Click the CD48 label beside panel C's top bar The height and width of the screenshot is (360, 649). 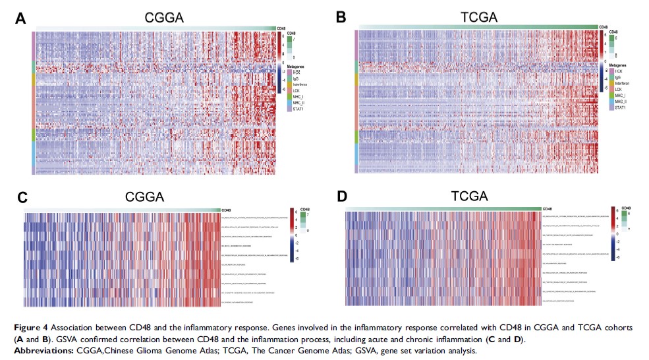pyautogui.click(x=227, y=209)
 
